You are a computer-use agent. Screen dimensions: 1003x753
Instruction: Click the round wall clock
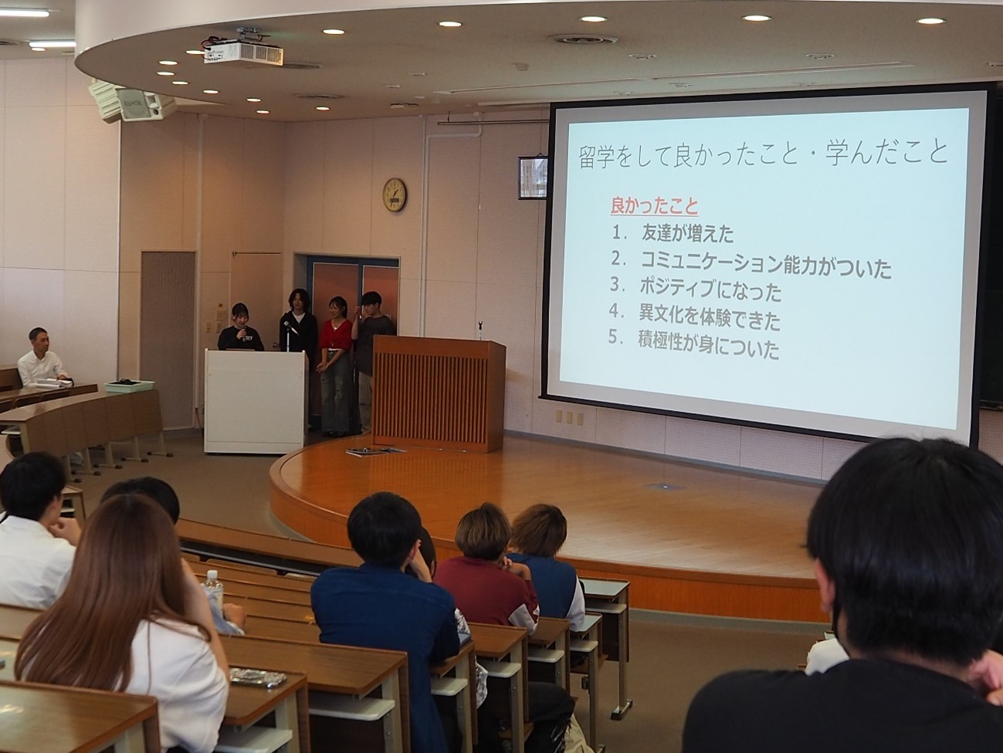click(395, 195)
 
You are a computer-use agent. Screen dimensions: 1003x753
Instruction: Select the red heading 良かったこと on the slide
click(654, 206)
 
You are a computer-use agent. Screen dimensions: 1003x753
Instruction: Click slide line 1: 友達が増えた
click(673, 234)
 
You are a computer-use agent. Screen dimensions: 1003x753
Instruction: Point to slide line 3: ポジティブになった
click(696, 291)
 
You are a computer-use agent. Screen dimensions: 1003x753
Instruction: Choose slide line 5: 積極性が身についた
click(693, 348)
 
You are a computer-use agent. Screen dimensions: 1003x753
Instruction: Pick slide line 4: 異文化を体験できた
click(695, 319)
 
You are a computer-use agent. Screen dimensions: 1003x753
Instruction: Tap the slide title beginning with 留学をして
click(762, 154)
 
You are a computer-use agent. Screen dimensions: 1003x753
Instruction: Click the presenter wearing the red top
click(336, 363)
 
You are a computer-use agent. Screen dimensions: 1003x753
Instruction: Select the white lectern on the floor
click(255, 401)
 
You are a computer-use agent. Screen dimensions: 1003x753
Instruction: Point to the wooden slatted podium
click(439, 394)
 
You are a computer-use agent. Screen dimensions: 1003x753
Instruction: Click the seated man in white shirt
click(42, 358)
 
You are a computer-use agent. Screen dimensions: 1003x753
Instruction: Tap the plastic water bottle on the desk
click(214, 586)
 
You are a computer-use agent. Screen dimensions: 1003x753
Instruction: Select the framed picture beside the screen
click(532, 178)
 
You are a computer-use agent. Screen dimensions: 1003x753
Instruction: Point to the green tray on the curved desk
click(130, 386)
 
